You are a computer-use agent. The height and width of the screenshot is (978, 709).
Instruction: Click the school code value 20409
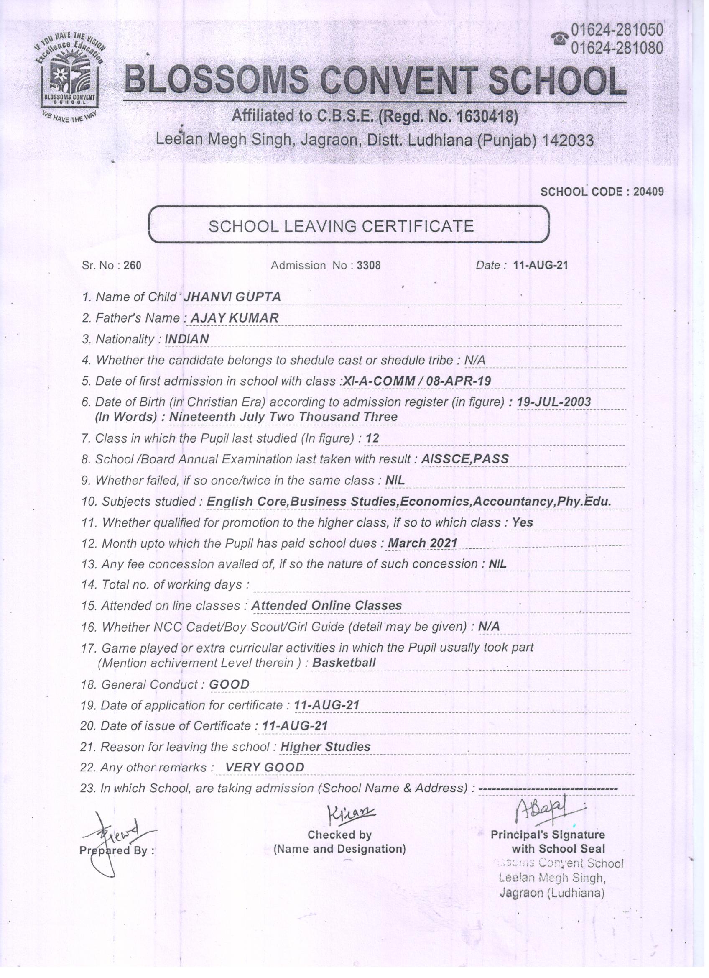click(x=648, y=192)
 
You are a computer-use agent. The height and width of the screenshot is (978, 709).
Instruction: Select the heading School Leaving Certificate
click(x=341, y=226)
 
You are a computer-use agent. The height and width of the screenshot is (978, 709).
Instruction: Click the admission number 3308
click(x=369, y=265)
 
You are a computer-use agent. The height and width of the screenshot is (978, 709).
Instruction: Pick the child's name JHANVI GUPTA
click(x=232, y=297)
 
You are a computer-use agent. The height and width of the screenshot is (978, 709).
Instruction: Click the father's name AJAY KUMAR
click(x=235, y=318)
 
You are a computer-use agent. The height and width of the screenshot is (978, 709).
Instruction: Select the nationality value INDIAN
click(x=186, y=339)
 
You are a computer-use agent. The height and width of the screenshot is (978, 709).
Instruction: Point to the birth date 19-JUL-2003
click(x=554, y=402)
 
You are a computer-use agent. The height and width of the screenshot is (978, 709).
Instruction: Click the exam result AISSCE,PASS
click(x=465, y=459)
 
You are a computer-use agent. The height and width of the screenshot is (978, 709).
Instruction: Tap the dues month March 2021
click(x=422, y=543)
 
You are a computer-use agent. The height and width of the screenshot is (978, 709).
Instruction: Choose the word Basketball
click(x=344, y=663)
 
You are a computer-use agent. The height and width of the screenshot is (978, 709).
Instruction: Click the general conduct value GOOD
click(x=229, y=684)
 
